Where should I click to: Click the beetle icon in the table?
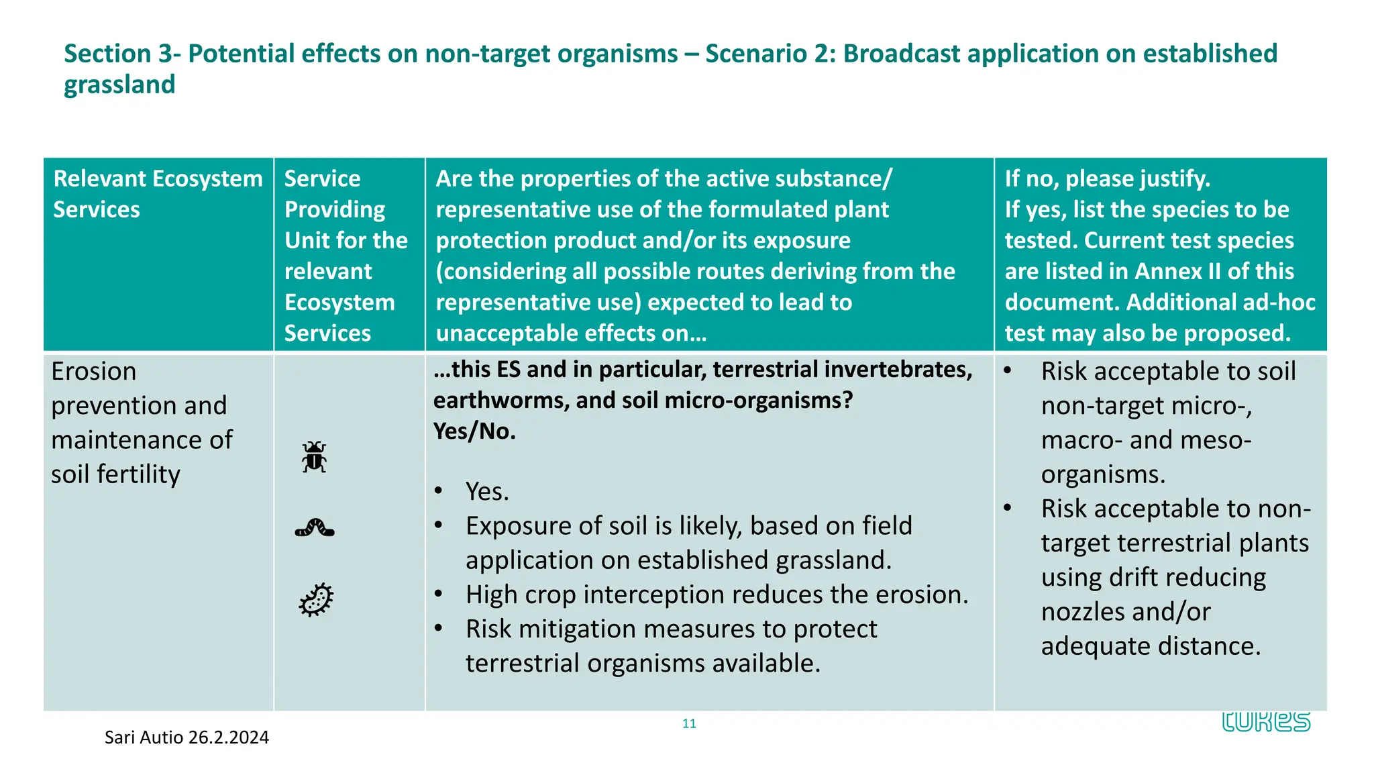pos(314,457)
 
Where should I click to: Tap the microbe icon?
pos(316,599)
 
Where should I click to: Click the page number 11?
pos(689,723)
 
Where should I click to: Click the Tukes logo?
pos(1265,721)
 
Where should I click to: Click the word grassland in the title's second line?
pos(119,85)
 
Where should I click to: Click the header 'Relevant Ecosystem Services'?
pos(158,194)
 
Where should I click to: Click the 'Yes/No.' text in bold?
pos(474,431)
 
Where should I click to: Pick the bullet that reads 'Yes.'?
pos(487,492)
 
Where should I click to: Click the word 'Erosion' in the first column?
pos(93,371)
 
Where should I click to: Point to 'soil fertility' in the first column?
pos(115,474)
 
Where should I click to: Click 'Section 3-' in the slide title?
pos(122,54)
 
